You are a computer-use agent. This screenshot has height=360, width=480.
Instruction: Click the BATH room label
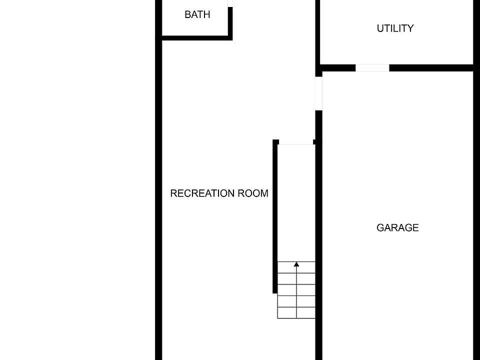point(197,14)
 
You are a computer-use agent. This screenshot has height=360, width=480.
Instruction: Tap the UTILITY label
point(395,28)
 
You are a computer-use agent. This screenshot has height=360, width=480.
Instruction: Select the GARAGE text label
point(397,228)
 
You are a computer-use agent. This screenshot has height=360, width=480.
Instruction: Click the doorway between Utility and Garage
point(372,68)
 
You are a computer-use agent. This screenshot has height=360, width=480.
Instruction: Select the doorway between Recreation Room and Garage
point(319,93)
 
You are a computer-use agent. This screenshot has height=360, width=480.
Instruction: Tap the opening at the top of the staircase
point(295,143)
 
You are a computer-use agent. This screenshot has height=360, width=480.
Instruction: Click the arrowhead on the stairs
point(296,264)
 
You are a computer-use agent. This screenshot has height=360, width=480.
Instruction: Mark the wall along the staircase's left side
point(275,215)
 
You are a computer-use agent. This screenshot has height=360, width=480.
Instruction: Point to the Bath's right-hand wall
point(230,22)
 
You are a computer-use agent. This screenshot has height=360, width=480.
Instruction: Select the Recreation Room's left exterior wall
point(158,200)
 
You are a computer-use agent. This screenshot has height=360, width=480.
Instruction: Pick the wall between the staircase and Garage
point(318,225)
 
